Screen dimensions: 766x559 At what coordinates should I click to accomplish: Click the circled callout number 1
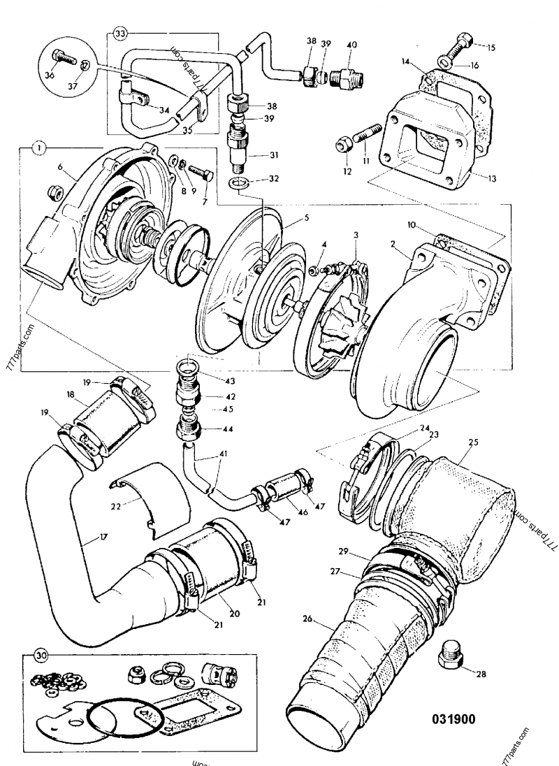[39, 148]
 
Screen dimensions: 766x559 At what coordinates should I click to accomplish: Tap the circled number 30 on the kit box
[42, 656]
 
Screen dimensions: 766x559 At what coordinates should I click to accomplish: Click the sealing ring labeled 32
[240, 184]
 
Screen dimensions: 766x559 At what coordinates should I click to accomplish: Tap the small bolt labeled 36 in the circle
[61, 58]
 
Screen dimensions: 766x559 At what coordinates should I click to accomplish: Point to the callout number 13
[492, 178]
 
